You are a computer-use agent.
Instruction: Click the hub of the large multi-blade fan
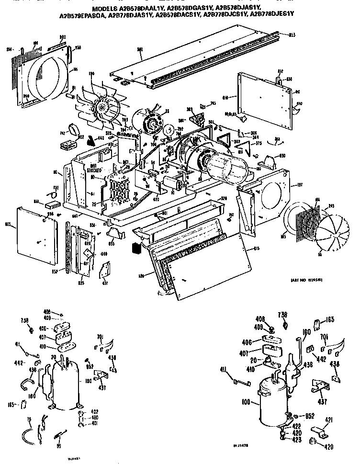102,108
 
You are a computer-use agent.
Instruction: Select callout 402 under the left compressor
94,411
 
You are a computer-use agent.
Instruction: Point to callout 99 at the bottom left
58,446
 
